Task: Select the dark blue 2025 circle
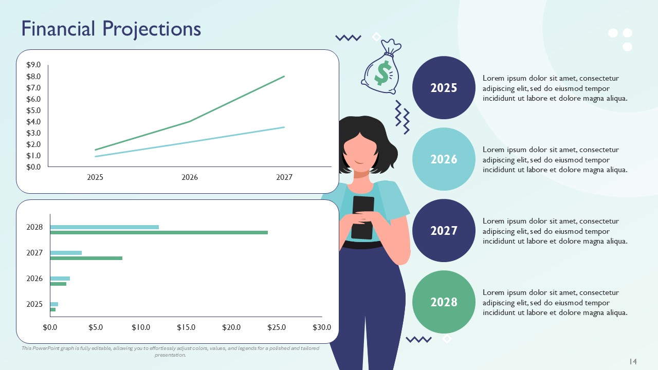[444, 88]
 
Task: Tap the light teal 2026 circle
[444, 159]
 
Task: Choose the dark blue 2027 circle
[444, 231]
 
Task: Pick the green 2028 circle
[444, 302]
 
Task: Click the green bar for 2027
[86, 258]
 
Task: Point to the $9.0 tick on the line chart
[33, 65]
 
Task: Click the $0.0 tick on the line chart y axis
[33, 167]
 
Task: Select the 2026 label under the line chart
[190, 178]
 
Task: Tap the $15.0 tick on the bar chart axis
[186, 327]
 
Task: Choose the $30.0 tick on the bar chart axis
[322, 327]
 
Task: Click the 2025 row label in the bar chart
[34, 304]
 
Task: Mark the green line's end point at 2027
[284, 77]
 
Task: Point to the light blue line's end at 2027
[284, 127]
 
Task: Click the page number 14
[633, 362]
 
